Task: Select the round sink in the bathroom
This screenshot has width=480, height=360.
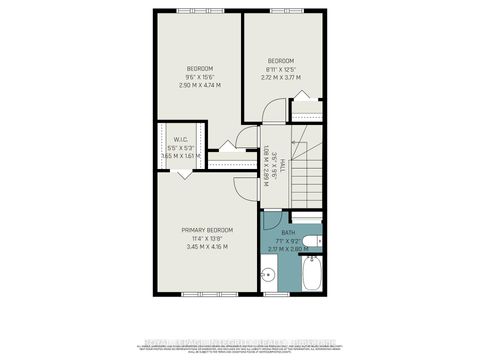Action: pos(269,273)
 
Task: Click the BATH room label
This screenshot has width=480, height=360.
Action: pos(287,232)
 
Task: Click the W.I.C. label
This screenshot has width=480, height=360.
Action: pos(181,139)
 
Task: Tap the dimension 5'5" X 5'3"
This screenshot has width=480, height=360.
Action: pos(181,147)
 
